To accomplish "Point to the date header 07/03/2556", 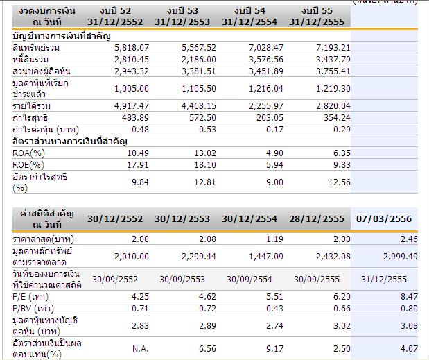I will point(383,219).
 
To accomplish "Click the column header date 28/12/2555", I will point(317,219).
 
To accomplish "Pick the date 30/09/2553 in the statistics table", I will point(179,279).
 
